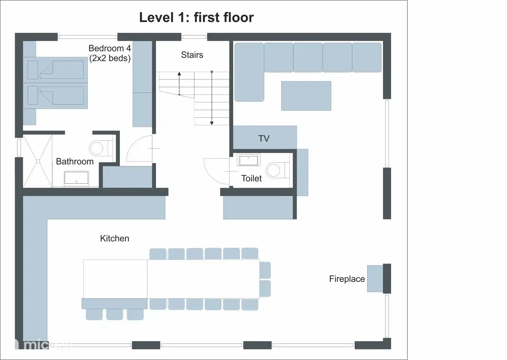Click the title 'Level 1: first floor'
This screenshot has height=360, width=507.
pyautogui.click(x=196, y=17)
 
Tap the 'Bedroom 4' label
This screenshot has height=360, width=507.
pyautogui.click(x=109, y=48)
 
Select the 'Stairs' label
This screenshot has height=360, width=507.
pyautogui.click(x=192, y=55)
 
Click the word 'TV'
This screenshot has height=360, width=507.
pyautogui.click(x=264, y=138)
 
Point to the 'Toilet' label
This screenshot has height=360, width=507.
pyautogui.click(x=251, y=178)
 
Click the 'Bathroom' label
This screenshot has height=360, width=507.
pyautogui.click(x=75, y=162)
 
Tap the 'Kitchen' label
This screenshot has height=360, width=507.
pyautogui.click(x=114, y=238)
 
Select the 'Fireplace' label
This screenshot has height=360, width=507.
pyautogui.click(x=347, y=279)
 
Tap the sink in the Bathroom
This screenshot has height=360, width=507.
pyautogui.click(x=76, y=178)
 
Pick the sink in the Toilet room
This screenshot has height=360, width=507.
pyautogui.click(x=249, y=160)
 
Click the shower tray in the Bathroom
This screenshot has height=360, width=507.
pyautogui.click(x=37, y=161)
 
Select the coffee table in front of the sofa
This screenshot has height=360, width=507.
pyautogui.click(x=306, y=96)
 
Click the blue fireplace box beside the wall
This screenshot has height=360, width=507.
pyautogui.click(x=375, y=279)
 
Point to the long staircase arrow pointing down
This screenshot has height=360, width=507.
pyautogui.click(x=212, y=97)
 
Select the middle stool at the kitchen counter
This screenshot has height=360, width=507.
pyautogui.click(x=114, y=314)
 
